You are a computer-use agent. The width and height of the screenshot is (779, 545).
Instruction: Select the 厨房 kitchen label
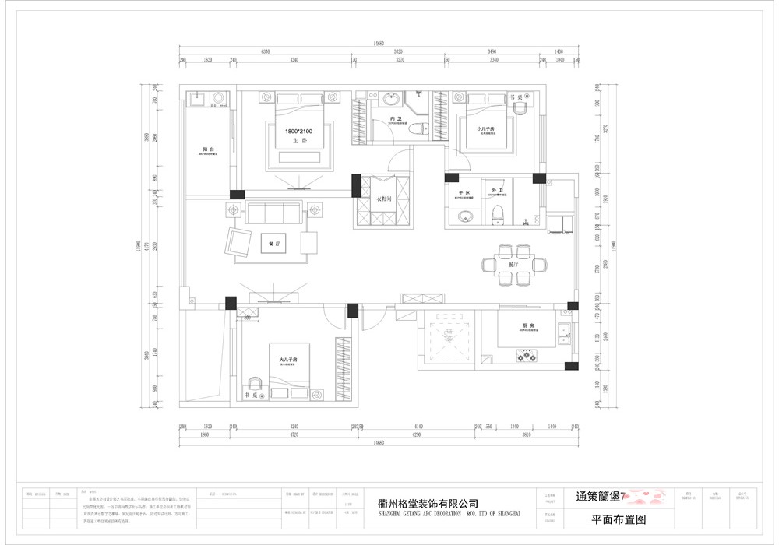(x=527, y=326)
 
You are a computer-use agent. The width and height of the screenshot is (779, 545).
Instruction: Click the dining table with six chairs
(x=514, y=265)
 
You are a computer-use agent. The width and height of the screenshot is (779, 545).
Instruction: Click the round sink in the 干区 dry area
(x=466, y=216)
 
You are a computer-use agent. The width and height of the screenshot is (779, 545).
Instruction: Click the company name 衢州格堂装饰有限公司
(x=427, y=504)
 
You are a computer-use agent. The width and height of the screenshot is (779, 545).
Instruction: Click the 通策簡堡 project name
(x=600, y=496)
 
